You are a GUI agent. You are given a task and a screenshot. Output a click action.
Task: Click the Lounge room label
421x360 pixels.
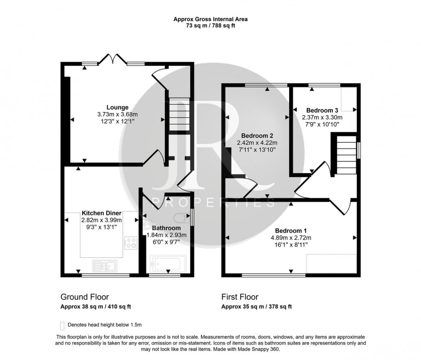118,107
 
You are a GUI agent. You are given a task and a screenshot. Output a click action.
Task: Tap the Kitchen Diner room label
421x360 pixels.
102,213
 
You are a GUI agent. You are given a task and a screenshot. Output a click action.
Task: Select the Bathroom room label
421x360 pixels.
165,228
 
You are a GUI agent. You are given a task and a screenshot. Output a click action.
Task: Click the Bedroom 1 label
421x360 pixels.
290,231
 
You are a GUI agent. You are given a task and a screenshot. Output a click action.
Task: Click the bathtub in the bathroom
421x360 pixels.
167,262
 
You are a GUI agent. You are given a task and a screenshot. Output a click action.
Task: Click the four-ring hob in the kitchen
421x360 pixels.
130,243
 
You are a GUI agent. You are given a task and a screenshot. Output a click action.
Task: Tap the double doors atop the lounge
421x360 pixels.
113,60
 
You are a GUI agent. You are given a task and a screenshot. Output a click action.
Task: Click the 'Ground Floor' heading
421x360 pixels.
85,297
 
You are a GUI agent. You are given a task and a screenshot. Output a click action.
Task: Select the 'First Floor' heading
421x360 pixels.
240,297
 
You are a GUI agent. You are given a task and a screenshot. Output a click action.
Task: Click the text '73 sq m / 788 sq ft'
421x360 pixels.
210,26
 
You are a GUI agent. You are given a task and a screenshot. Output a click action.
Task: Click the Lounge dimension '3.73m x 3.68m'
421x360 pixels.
118,115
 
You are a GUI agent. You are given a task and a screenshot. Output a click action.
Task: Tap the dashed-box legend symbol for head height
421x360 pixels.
63,325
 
